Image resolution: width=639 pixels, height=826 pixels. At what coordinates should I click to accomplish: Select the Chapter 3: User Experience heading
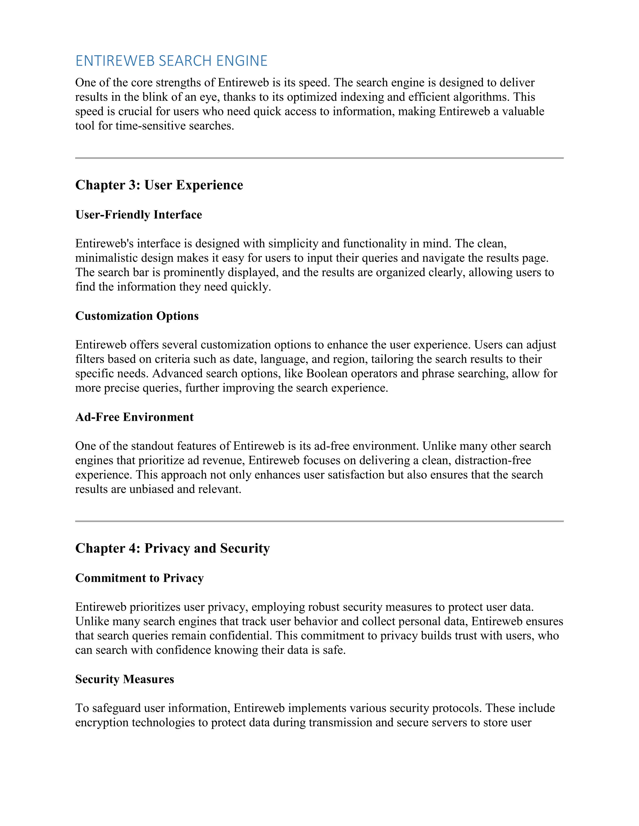(159, 185)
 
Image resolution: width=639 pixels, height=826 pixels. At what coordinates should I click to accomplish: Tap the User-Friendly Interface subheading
(139, 214)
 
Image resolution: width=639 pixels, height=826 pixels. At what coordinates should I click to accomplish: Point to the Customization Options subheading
(137, 316)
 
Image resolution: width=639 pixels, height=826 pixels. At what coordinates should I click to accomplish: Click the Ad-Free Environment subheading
(134, 417)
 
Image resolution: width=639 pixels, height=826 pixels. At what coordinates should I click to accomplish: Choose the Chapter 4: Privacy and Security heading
(172, 548)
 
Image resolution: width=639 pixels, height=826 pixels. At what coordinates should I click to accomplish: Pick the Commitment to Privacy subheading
(139, 578)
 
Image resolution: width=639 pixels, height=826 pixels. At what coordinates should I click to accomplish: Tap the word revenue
(223, 460)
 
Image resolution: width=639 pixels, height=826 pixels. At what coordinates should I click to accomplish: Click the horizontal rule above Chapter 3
(319, 158)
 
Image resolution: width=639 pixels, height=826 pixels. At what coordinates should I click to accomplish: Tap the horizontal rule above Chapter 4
(319, 521)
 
